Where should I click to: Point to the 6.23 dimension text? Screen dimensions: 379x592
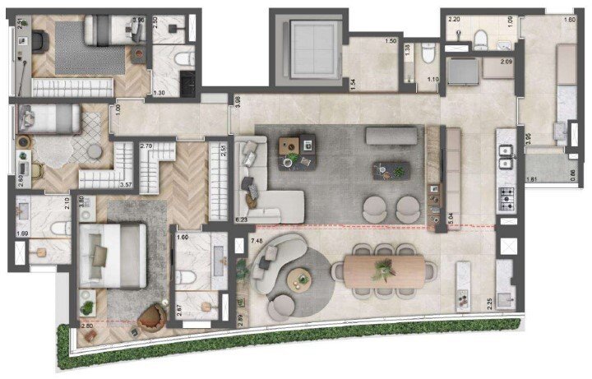pos(241,220)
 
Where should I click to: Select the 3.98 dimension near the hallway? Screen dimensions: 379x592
pos(237,101)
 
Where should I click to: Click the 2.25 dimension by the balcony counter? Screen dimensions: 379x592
pos(489,302)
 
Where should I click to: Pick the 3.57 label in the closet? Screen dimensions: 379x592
pos(127,184)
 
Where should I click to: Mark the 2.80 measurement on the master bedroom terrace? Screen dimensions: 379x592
pos(87,328)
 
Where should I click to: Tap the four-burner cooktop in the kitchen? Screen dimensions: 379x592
pos(505,197)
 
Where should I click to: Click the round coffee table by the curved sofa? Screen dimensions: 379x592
pos(300,280)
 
